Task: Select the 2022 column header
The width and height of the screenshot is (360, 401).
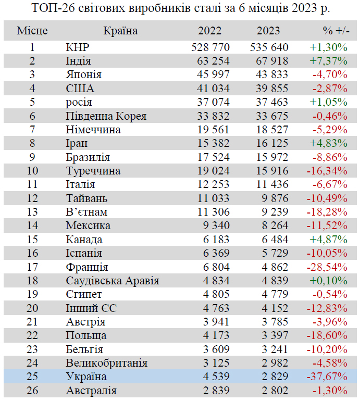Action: click(210, 31)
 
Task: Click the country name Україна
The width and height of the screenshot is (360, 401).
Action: click(86, 377)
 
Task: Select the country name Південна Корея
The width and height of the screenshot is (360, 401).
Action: click(106, 116)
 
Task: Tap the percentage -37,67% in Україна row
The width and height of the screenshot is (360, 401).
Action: click(330, 377)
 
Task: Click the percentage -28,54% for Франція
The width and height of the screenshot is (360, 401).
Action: click(330, 267)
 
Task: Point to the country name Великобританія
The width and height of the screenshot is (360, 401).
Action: click(107, 363)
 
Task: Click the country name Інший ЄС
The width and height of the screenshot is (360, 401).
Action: click(92, 308)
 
